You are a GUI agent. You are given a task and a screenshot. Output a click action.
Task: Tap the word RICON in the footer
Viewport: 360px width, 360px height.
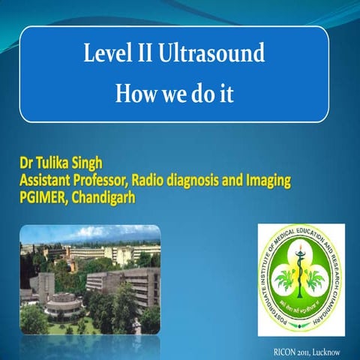289,351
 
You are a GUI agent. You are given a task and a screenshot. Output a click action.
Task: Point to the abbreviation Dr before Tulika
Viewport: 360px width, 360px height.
27,164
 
